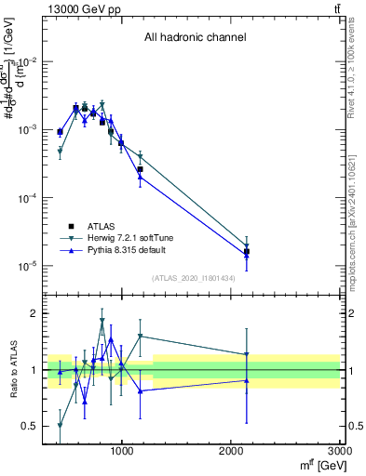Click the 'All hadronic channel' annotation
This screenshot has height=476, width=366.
pyautogui.click(x=195, y=38)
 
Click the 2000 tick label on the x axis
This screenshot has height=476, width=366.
pyautogui.click(x=231, y=450)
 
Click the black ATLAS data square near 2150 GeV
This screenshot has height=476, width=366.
pyautogui.click(x=247, y=252)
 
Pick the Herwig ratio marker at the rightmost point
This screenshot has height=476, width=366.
pyautogui.click(x=247, y=354)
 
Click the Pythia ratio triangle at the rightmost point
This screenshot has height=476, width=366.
pyautogui.click(x=247, y=380)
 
